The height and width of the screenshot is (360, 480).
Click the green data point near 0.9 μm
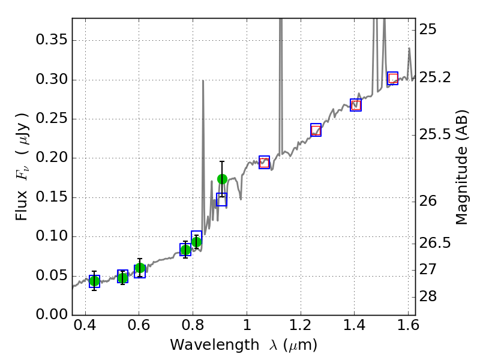pos(222,179)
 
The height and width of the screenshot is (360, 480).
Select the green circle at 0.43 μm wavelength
pos(94,281)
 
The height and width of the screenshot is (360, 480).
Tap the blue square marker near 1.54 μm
pos(393,78)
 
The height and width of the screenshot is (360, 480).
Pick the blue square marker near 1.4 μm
pos(356,105)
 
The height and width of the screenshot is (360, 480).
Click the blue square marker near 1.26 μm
pos(316,130)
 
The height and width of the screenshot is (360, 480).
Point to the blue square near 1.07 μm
pos(265,162)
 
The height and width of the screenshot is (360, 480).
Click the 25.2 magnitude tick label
pos(436,78)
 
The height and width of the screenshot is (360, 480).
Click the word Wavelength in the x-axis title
pos(203,346)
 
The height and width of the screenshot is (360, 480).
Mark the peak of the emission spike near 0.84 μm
pos(203,80)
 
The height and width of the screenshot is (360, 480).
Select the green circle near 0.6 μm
pos(140,268)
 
